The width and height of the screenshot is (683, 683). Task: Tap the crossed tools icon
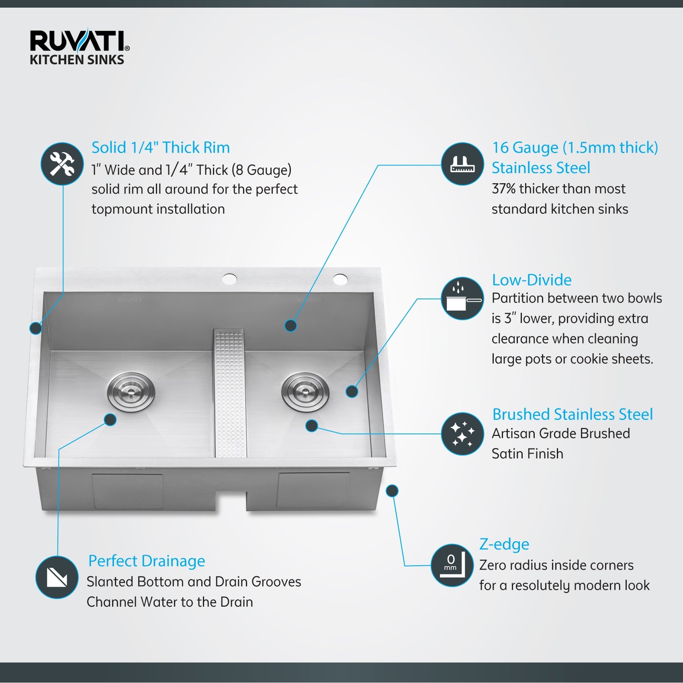[62, 164]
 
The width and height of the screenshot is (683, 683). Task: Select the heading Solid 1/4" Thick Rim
[160, 147]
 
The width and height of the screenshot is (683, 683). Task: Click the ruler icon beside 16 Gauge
[462, 164]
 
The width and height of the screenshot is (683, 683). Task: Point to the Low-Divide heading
[531, 280]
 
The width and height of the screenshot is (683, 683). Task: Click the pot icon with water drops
[462, 299]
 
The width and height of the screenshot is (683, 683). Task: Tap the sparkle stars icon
[462, 434]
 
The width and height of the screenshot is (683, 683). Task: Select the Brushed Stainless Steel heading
[572, 414]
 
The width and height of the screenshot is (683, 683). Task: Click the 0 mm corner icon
[452, 565]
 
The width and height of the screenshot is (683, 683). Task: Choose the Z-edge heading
[504, 544]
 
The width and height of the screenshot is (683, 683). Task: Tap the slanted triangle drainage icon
[57, 577]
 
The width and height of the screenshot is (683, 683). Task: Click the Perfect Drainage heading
[146, 561]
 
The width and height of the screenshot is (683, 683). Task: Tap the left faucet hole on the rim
[230, 279]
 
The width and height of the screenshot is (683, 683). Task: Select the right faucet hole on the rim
[340, 279]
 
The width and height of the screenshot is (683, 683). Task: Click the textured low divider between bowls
[230, 394]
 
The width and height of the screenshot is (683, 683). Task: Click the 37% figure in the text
[503, 188]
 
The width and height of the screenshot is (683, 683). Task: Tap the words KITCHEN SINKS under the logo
[77, 60]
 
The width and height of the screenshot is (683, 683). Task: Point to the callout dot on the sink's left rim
[36, 328]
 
